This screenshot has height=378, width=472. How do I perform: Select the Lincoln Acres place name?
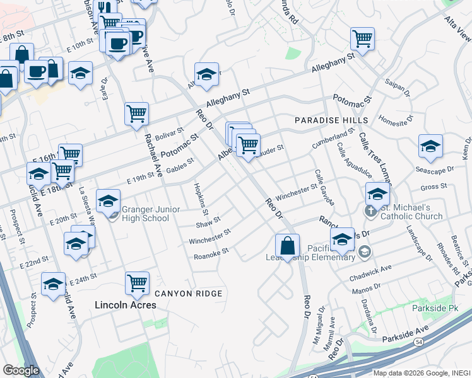tap(125, 305)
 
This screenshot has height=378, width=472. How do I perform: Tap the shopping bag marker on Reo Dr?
tap(287, 246)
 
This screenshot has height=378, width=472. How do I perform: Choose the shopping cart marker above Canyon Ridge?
tap(136, 283)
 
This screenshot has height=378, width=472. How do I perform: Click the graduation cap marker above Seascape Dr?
tap(430, 147)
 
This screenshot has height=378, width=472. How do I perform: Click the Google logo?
tap(20, 370)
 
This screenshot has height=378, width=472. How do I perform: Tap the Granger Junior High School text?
tap(145, 214)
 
